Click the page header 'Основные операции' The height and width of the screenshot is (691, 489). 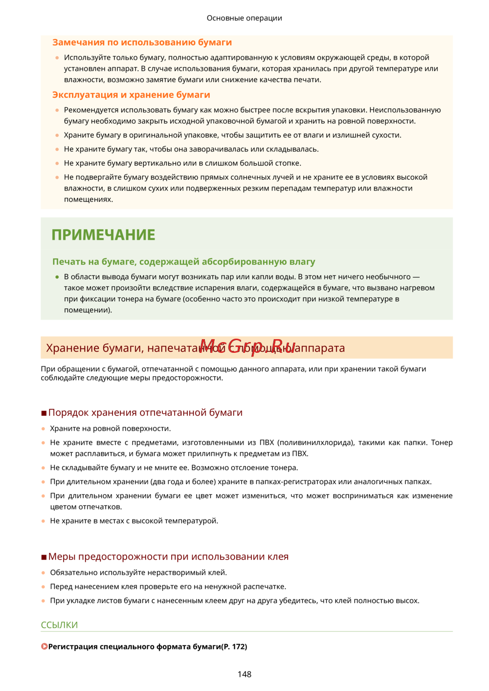244,18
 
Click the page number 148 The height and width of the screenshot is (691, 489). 244,674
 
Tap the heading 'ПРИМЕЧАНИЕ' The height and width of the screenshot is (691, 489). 103,235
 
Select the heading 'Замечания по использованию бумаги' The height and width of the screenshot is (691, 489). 142,43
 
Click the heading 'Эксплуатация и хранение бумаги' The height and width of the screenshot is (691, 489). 131,95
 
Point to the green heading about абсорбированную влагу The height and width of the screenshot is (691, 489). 183,262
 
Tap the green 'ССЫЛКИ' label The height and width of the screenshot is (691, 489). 59,625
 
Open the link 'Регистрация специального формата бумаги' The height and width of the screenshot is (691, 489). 134,647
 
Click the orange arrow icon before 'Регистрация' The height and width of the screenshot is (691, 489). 44,647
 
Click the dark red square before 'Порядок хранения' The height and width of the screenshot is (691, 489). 44,413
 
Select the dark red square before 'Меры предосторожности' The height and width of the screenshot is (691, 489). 44,557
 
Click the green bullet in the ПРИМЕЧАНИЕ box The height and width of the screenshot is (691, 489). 57,277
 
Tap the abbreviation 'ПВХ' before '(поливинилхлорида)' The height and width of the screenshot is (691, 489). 267,443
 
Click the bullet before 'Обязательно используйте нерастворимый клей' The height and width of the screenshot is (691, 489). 44,573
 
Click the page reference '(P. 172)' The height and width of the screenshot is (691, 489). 234,647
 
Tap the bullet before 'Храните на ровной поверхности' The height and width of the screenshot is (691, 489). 44,429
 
